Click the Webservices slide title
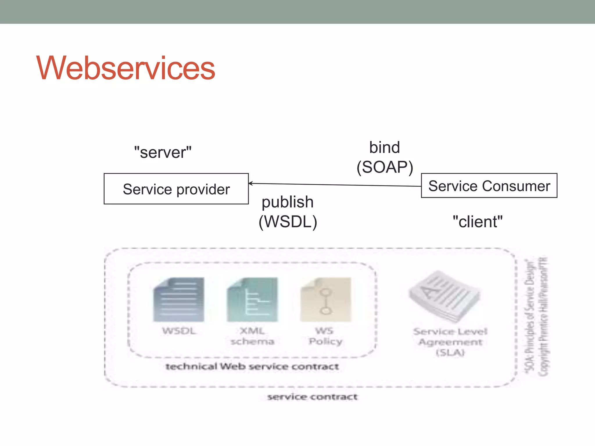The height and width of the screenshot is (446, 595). tap(126, 68)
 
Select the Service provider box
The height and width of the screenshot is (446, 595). tap(176, 189)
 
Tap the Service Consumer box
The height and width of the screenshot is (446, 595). tap(489, 186)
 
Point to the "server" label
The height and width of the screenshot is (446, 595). tap(163, 152)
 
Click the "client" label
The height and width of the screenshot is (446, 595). tap(477, 222)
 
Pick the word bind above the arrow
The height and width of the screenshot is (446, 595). tap(384, 148)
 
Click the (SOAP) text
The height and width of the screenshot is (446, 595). tap(385, 167)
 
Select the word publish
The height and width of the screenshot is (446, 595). tap(287, 202)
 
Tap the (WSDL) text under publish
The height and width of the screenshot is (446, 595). tap(288, 222)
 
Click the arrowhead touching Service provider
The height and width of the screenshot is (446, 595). tap(250, 183)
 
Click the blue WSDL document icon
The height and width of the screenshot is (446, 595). tap(179, 300)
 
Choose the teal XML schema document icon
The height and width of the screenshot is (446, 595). tap(252, 300)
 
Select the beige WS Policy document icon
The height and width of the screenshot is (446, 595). tap(326, 300)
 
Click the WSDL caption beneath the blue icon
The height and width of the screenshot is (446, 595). tap(179, 331)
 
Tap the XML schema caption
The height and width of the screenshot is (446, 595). tap(252, 336)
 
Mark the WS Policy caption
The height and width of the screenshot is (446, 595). tap(325, 336)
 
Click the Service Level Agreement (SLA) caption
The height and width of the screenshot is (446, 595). tap(450, 342)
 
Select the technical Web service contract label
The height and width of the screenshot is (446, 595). tap(252, 366)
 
